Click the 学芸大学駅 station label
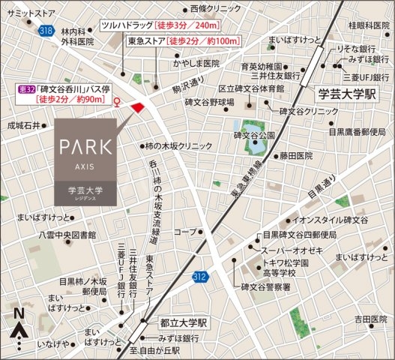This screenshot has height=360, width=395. tap(348, 95)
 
